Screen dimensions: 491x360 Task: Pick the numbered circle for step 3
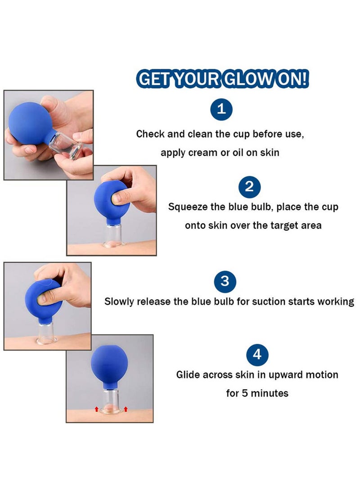[x=225, y=282]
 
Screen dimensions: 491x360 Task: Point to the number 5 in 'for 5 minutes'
[x=246, y=393]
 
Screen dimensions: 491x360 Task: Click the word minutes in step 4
[x=270, y=393]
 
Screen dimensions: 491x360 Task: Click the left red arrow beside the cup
[x=95, y=409]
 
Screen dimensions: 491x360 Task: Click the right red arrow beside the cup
[x=126, y=409]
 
